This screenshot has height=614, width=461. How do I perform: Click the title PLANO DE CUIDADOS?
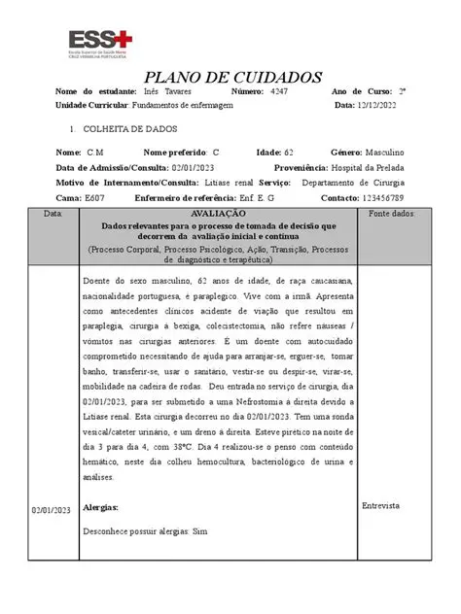tap(232, 77)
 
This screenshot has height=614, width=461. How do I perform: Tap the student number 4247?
tap(279, 91)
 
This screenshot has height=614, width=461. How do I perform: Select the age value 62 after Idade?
tap(289, 153)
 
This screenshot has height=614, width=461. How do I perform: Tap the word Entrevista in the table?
tap(381, 506)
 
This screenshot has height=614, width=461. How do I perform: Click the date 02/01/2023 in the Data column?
tap(52, 511)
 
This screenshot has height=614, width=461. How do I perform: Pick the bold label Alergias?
tap(101, 508)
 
